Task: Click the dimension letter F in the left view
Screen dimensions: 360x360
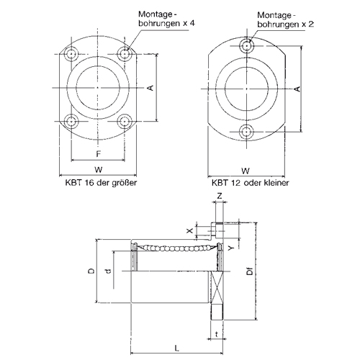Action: coord(99,153)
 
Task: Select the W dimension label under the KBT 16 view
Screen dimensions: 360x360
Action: coord(99,169)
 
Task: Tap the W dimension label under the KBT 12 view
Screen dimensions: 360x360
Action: coord(246,171)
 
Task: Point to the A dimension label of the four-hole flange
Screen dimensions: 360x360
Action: coord(150,88)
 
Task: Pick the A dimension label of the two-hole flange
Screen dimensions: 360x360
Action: coord(297,89)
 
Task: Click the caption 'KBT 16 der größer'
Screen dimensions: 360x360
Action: coord(101,183)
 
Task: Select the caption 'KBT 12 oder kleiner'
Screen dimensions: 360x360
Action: coord(251,183)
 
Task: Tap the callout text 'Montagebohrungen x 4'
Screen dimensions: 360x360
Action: coord(167,19)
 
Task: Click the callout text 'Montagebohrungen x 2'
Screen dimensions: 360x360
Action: coord(286,19)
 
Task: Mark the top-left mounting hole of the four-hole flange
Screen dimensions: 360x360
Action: coord(71,54)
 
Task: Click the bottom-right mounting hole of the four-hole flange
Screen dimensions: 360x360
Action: coord(125,122)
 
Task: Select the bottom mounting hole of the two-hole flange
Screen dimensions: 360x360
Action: coord(246,132)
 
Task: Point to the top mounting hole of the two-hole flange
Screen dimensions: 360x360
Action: coord(246,45)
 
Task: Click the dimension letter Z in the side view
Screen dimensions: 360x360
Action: coord(220,196)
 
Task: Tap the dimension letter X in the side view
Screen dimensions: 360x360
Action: coord(190,230)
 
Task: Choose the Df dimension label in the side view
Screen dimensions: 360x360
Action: coord(250,271)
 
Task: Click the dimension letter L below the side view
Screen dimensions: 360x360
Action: coord(176,348)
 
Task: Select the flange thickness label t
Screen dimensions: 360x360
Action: coord(217,334)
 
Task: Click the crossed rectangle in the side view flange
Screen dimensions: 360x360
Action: coord(217,287)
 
